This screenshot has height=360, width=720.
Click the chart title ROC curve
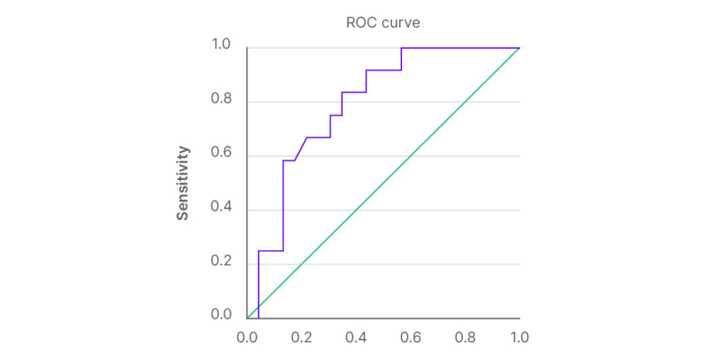[383, 23]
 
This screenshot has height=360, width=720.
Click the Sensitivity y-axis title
[183, 184]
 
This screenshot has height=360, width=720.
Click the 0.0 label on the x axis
[247, 335]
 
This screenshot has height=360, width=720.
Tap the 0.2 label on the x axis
[302, 335]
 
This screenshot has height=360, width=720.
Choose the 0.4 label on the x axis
[356, 335]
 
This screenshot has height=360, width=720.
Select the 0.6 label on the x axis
[411, 335]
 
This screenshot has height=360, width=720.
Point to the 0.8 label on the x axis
[465, 335]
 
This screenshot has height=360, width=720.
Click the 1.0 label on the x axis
[519, 335]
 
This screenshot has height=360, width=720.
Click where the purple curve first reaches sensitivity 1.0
[401, 47]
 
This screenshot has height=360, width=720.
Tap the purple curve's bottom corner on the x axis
[259, 318]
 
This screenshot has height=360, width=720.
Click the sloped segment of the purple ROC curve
[301, 149]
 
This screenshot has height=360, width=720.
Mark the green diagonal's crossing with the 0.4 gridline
[356, 210]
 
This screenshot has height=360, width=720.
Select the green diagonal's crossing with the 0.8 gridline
[465, 102]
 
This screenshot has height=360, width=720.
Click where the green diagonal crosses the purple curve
[259, 306]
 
